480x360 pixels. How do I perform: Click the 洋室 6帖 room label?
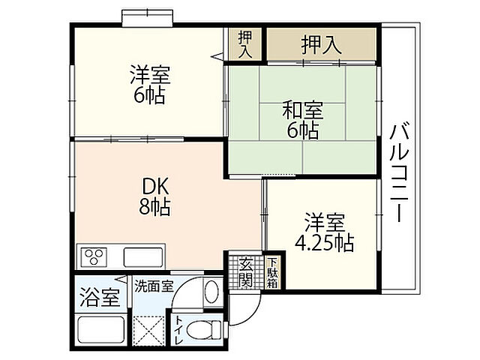pyautogui.click(x=150, y=85)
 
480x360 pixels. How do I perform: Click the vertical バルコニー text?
pyautogui.click(x=398, y=172)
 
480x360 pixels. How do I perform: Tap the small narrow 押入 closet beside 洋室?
pyautogui.click(x=245, y=43)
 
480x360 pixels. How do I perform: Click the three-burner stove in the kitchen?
pyautogui.click(x=95, y=256)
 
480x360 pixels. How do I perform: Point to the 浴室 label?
pyautogui.click(x=99, y=297)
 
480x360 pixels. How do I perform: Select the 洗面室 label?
pyautogui.click(x=154, y=286)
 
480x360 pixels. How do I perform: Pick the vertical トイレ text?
pyautogui.click(x=181, y=330)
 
